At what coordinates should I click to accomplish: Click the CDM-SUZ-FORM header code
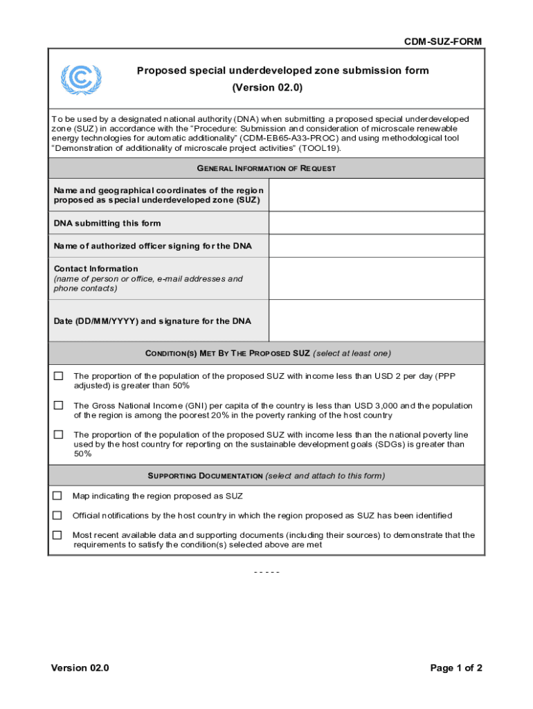point(443,42)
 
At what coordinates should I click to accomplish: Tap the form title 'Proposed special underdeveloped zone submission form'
point(282,71)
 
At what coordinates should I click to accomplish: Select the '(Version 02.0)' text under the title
point(267,88)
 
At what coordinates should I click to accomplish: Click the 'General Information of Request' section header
point(266,168)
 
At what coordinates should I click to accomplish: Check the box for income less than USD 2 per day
point(59,376)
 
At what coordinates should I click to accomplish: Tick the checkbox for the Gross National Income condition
point(59,405)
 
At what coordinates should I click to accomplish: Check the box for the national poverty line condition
point(59,434)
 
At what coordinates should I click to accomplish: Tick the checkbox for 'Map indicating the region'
point(57,496)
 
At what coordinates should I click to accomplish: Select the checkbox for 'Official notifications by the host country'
point(57,515)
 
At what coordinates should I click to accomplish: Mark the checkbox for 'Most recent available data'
point(57,535)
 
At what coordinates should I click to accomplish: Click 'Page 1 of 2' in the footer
point(455,668)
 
